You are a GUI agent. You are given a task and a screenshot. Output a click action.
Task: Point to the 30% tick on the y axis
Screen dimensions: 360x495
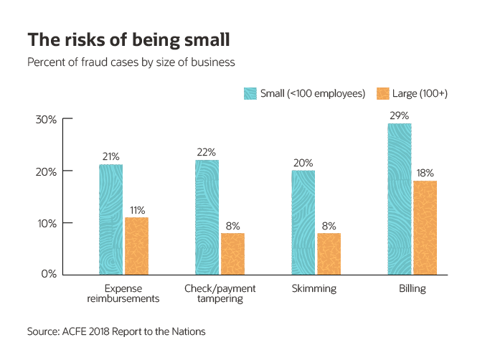click(x=46, y=120)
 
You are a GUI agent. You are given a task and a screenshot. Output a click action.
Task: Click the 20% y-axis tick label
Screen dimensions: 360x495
click(x=46, y=171)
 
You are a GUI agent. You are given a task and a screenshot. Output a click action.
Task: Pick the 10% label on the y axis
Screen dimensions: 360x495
click(x=46, y=223)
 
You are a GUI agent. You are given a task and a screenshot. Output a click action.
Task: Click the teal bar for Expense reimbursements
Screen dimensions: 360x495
click(x=110, y=219)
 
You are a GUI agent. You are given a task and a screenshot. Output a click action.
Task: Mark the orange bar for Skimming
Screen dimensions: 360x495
click(x=329, y=253)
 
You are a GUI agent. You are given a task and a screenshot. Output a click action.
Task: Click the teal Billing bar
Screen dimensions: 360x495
click(x=400, y=199)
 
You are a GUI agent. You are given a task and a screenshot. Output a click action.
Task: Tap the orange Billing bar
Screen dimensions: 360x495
click(x=425, y=227)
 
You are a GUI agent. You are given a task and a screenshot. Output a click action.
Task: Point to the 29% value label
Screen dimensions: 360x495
click(x=400, y=116)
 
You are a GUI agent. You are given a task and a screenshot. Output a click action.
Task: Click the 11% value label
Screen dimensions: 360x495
click(x=136, y=210)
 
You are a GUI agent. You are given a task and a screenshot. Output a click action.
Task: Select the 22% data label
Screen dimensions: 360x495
click(x=207, y=152)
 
